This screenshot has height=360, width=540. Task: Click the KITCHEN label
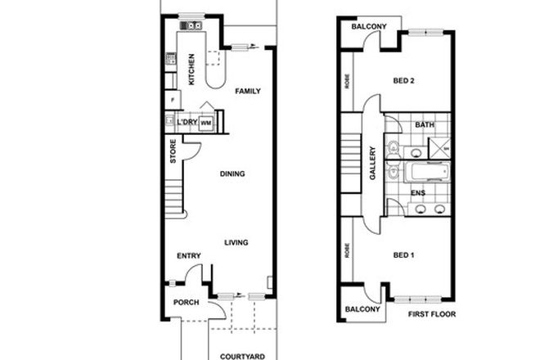coord(191,70)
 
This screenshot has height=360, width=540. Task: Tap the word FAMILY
coord(247,92)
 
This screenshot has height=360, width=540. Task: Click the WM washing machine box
coord(206,123)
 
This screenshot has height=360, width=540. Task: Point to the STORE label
coord(173,152)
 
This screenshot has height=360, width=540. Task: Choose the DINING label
coord(233,173)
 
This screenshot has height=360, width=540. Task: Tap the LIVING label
coord(236,242)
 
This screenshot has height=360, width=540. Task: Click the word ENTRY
coord(189,256)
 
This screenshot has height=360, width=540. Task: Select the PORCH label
coord(185,303)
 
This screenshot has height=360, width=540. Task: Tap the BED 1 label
coord(404,256)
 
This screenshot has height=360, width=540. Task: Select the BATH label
coord(425,125)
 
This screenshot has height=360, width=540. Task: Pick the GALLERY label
coord(372,164)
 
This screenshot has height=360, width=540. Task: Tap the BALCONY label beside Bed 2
coord(369,27)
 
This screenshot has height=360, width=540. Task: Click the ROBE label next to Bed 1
coord(348,250)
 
